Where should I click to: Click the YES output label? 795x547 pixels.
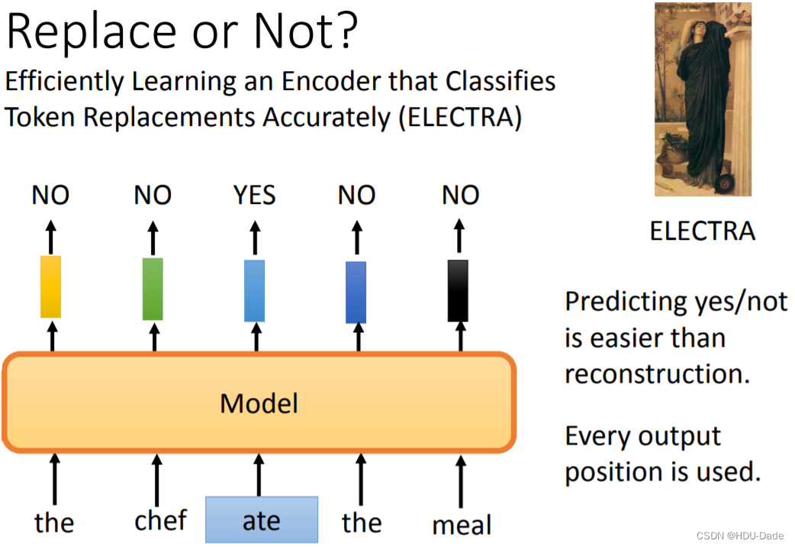point(255,196)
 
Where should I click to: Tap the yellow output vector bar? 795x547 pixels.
point(50,287)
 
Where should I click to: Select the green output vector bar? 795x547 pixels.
point(153,289)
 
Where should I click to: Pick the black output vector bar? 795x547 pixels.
point(458,290)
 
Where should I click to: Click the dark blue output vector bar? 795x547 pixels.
point(356,292)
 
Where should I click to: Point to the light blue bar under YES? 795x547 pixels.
point(255,290)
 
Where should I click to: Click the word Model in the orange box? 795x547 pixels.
point(259,404)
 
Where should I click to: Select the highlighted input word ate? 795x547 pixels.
point(262,520)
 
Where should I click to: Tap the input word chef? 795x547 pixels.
point(161,519)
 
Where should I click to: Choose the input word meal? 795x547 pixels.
point(462,524)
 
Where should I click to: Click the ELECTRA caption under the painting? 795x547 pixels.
point(703,231)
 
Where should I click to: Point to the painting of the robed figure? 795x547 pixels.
point(703,99)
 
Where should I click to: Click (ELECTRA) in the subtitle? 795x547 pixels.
point(460,118)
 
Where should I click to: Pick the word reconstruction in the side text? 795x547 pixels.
point(657,374)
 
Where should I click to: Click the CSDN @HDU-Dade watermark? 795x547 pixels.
point(740,536)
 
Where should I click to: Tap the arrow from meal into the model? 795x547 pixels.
point(460,481)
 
